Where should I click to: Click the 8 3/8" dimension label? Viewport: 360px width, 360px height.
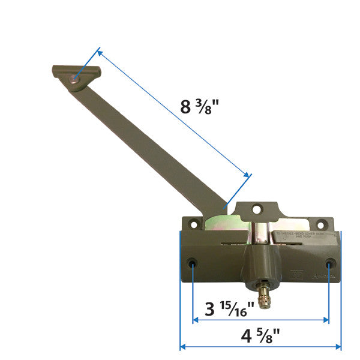pyautogui.click(x=200, y=107)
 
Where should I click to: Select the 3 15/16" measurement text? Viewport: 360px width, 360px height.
pyautogui.click(x=230, y=311)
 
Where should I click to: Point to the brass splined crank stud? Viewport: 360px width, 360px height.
pyautogui.click(x=263, y=295)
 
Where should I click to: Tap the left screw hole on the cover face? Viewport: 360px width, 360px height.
pyautogui.click(x=192, y=264)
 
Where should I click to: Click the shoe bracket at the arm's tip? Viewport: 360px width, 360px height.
pyautogui.click(x=76, y=76)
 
